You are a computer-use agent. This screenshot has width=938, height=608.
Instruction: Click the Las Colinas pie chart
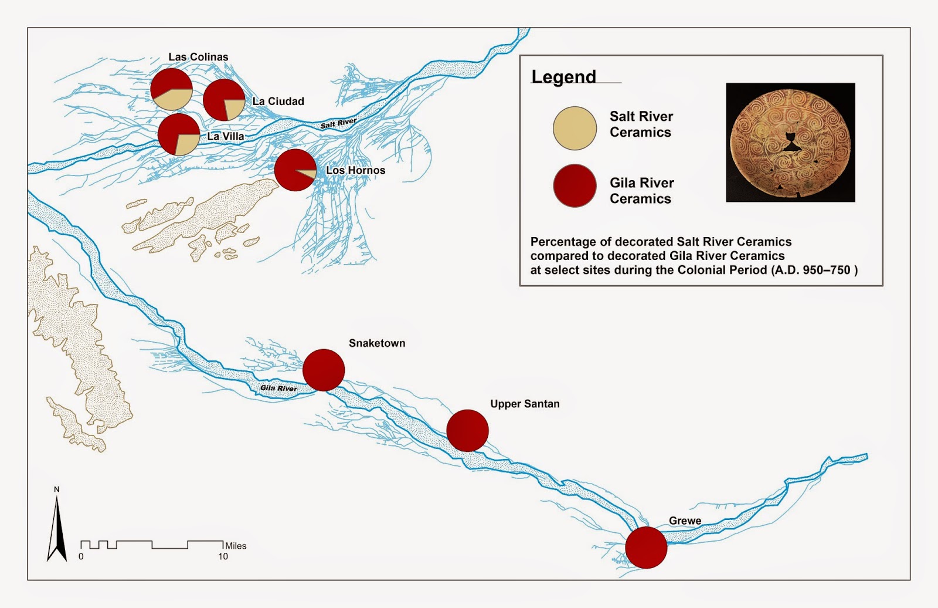click(x=171, y=89)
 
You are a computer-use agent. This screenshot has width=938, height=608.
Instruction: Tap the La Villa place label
click(x=226, y=136)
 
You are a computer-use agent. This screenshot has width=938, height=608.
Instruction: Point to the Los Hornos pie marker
click(x=295, y=170)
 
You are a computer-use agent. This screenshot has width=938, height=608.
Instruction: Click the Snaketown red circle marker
click(x=324, y=370)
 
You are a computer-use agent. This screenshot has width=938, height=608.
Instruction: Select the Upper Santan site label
click(x=525, y=404)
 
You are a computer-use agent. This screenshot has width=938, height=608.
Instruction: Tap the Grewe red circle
click(x=646, y=547)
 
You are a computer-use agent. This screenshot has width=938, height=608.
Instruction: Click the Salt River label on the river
click(x=338, y=123)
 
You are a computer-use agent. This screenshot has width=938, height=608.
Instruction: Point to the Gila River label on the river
click(x=278, y=388)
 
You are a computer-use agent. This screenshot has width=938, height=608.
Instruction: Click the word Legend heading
click(x=563, y=77)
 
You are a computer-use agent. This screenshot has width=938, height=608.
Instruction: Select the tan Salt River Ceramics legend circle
click(x=575, y=128)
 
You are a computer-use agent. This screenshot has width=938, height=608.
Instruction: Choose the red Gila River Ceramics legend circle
click(x=575, y=185)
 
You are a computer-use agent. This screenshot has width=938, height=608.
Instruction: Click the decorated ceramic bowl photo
click(x=790, y=143)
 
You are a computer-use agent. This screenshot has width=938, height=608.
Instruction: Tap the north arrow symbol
click(x=57, y=528)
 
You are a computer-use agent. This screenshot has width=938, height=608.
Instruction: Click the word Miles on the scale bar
click(x=236, y=546)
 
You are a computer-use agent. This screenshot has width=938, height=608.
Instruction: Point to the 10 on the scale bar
click(x=223, y=556)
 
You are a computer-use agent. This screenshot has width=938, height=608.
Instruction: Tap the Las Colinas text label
click(x=198, y=57)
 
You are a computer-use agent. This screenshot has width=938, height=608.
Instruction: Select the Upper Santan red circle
click(x=467, y=431)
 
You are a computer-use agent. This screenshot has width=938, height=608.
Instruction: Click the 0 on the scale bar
click(x=81, y=556)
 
